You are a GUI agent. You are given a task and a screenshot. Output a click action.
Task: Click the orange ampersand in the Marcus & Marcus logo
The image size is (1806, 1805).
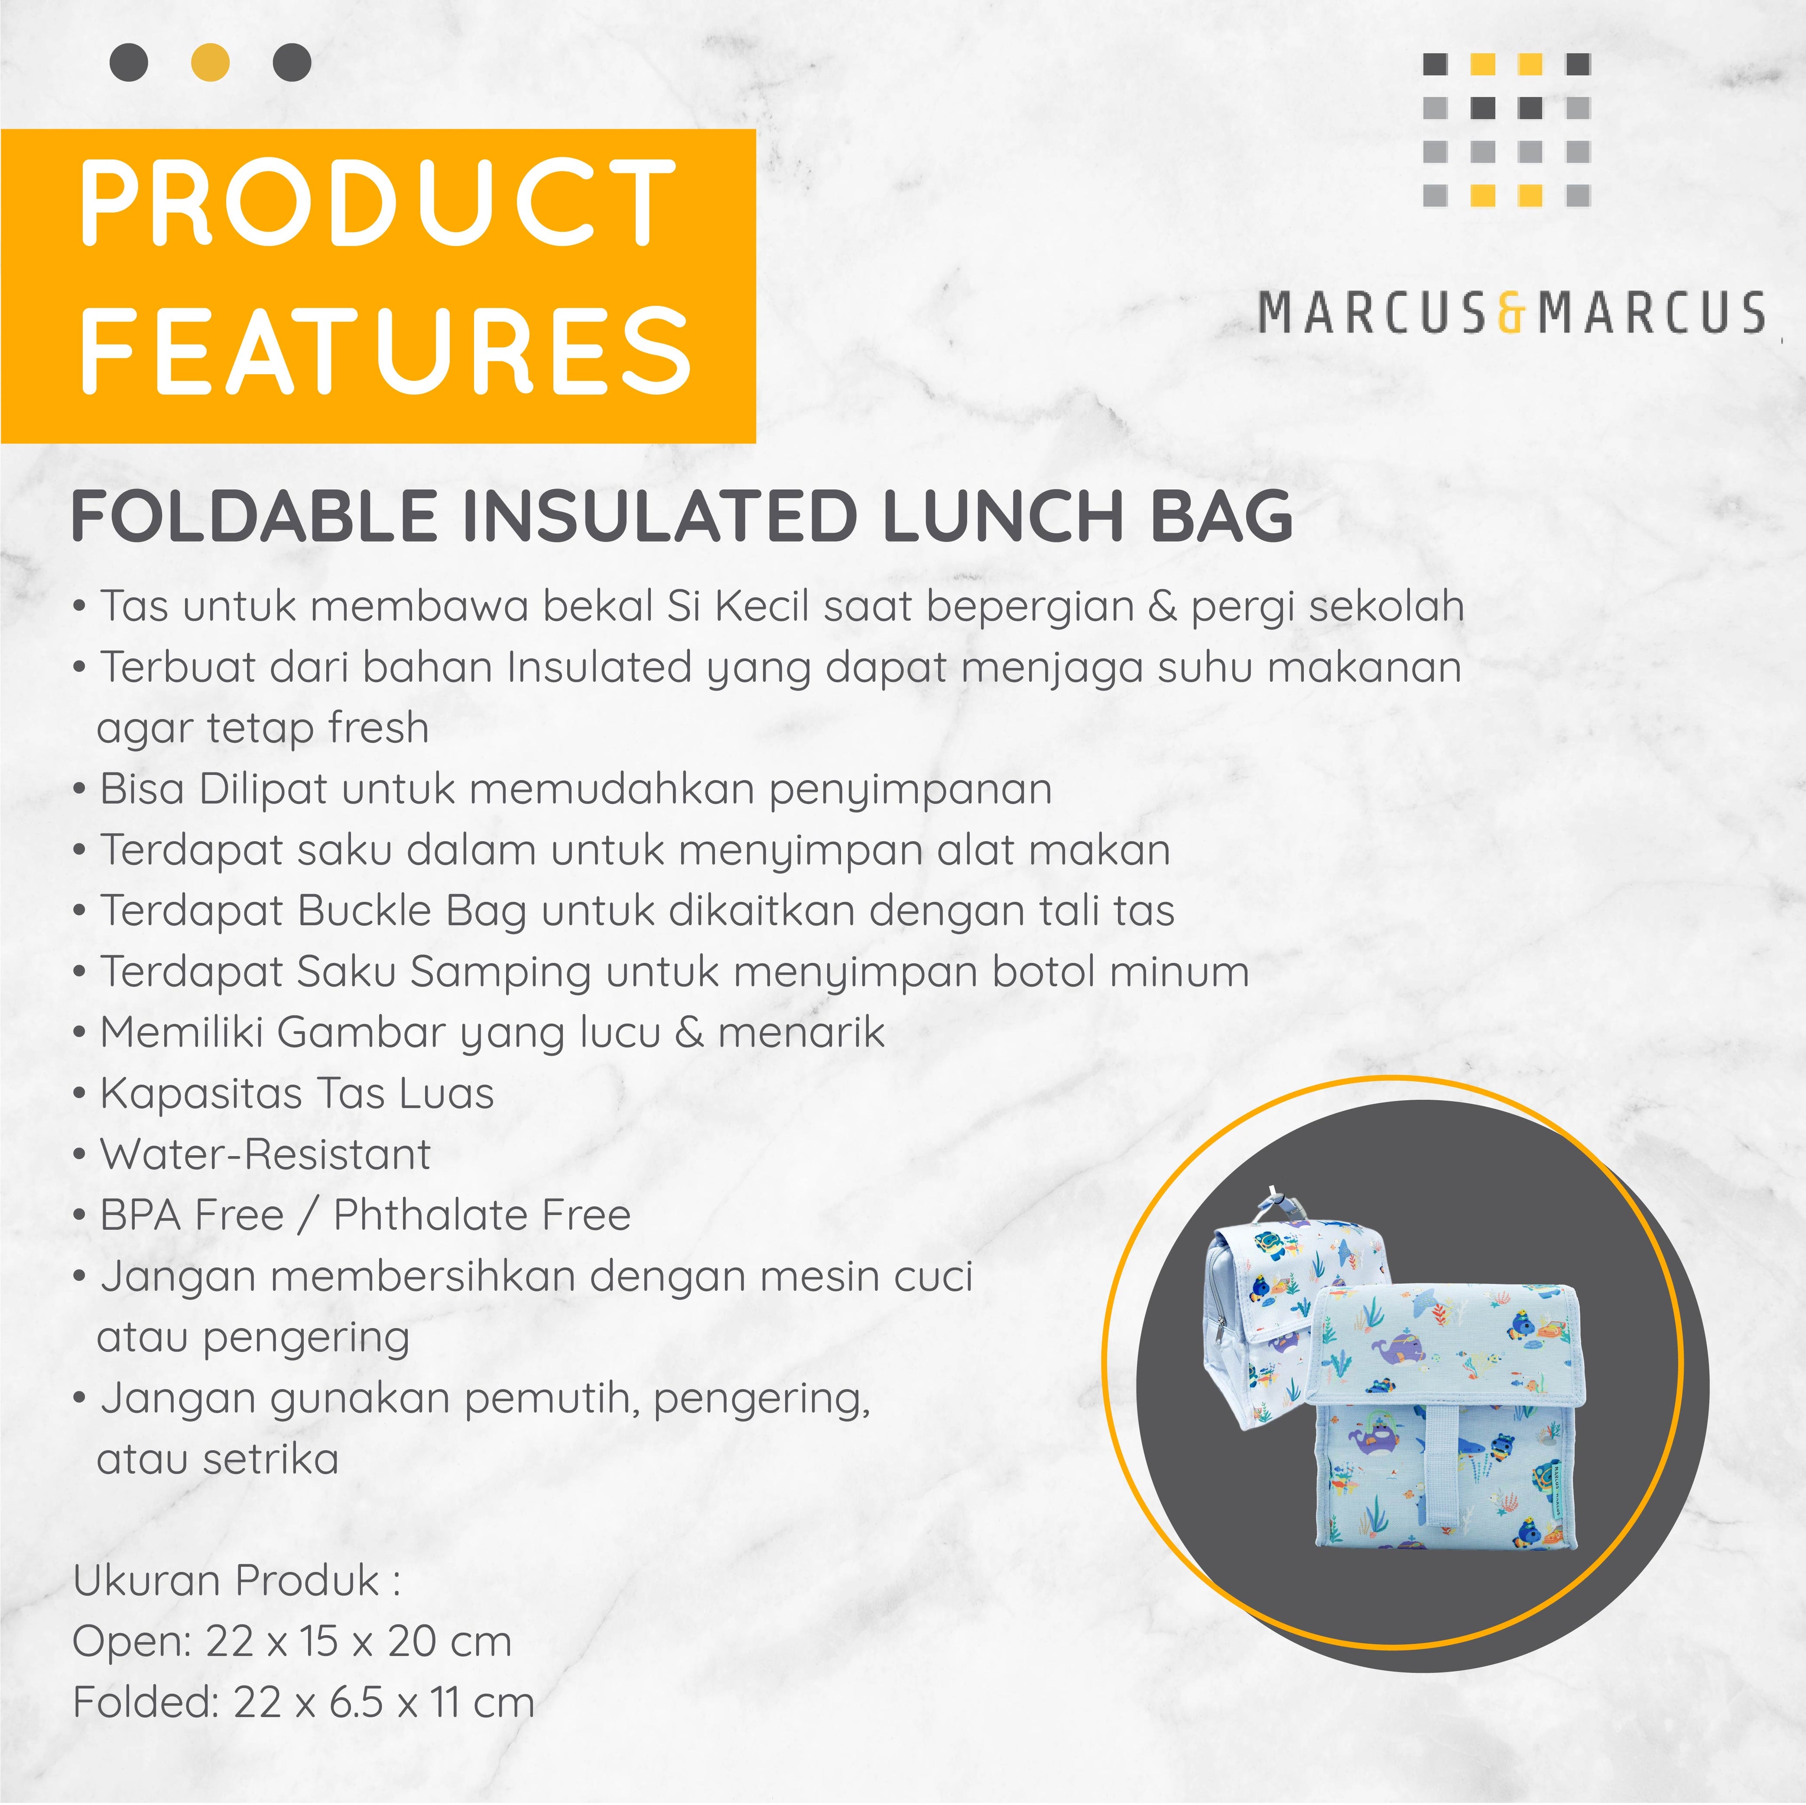(x=1511, y=312)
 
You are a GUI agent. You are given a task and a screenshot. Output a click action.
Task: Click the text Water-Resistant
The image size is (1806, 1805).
(x=265, y=1154)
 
